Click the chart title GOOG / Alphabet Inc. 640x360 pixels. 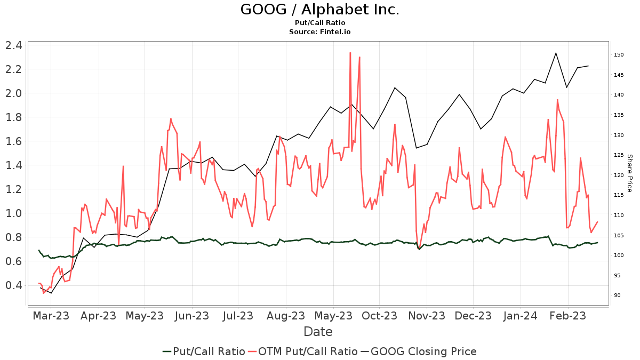point(319,10)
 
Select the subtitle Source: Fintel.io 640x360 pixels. point(319,32)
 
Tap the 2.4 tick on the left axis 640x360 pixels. point(14,45)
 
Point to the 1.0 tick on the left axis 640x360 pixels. point(14,213)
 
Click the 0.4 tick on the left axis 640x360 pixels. point(14,285)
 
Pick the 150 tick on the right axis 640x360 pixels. point(619,55)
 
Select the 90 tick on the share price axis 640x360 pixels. point(617,295)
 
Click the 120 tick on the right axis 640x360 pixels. point(619,175)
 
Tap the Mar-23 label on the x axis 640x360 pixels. point(51,315)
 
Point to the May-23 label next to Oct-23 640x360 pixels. point(333,315)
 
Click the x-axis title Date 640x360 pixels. point(318,332)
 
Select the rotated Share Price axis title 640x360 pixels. point(629,173)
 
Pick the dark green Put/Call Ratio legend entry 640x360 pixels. point(204,351)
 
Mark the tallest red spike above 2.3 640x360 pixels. point(350,53)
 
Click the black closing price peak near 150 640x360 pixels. point(556,53)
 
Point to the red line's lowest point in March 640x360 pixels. point(44,293)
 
